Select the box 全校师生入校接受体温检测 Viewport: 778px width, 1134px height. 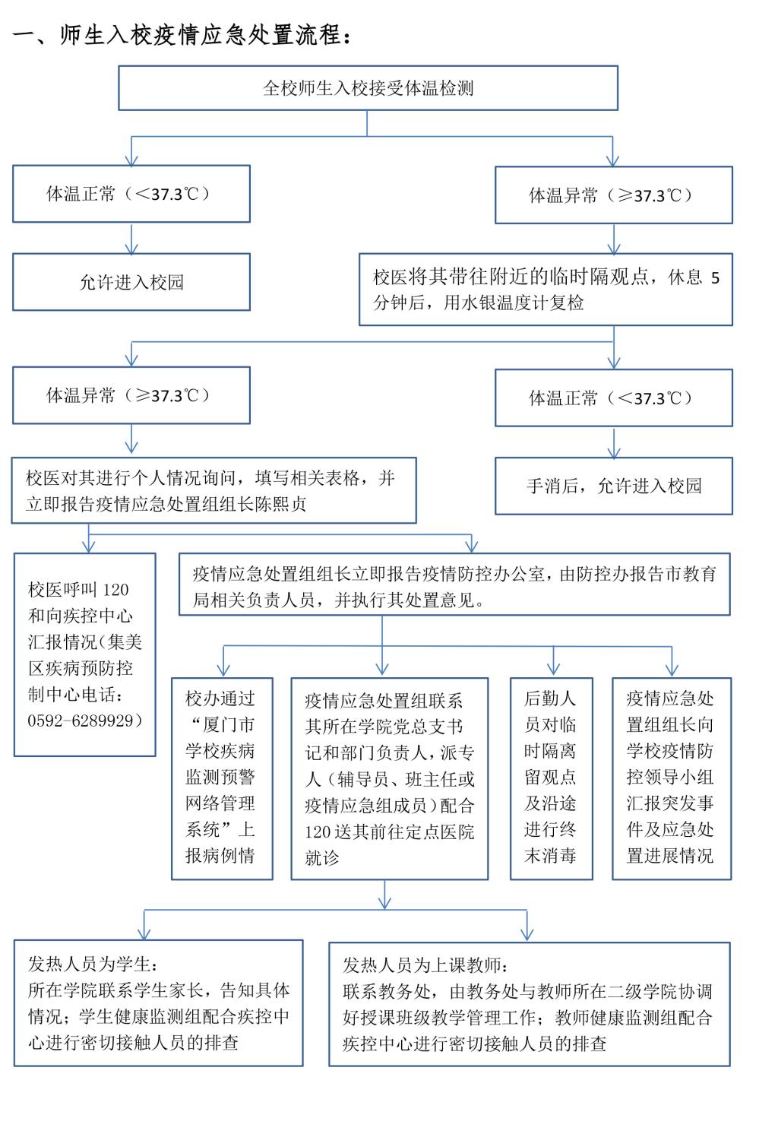[x=368, y=88]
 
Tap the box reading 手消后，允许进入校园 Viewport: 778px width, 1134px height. [x=614, y=486]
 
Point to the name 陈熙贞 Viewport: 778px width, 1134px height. [x=280, y=505]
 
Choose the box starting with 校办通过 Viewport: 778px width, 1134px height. [x=221, y=778]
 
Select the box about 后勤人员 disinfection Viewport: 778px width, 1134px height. [x=551, y=778]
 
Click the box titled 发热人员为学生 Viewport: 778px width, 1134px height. [x=158, y=1003]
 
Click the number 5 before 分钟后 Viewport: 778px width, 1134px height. [x=714, y=278]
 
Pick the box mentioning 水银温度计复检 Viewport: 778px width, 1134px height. [x=546, y=290]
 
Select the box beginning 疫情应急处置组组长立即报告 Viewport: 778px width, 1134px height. [x=454, y=584]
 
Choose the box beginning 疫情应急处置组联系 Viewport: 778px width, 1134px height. [x=389, y=778]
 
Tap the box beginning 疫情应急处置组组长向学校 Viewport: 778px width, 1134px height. [x=672, y=778]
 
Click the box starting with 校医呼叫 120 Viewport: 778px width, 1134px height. [x=85, y=654]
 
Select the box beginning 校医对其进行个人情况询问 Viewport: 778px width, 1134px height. [x=213, y=490]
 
